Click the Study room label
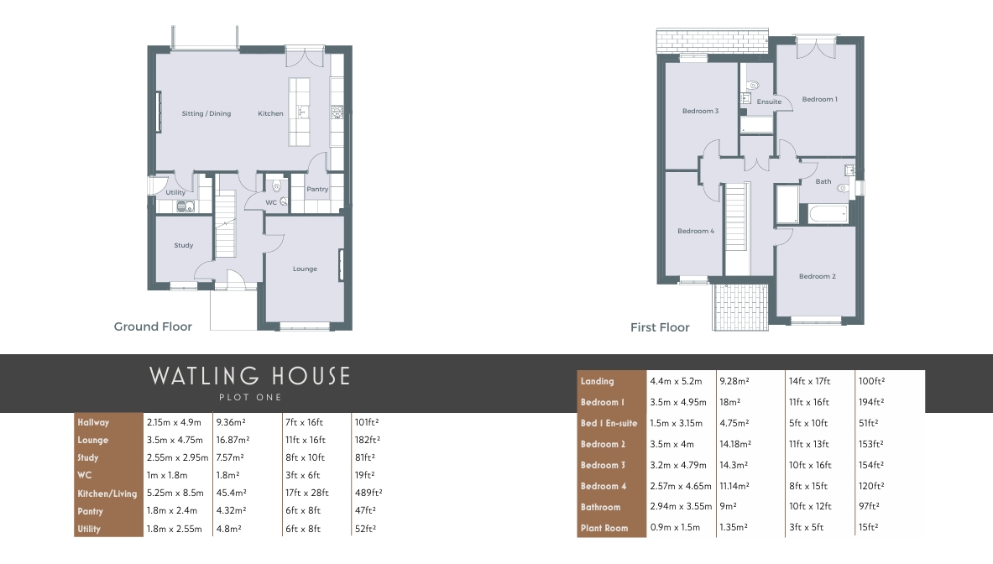(x=184, y=246)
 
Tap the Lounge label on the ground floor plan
(x=305, y=269)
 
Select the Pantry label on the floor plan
(x=317, y=190)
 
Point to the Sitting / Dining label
(x=206, y=114)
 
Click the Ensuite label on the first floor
(x=769, y=102)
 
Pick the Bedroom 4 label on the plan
(x=695, y=231)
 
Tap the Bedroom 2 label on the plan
(x=817, y=277)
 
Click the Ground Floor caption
(x=153, y=326)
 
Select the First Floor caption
(x=660, y=327)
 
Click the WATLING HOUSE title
(x=249, y=376)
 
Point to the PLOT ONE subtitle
(x=250, y=398)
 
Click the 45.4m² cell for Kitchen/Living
(x=231, y=493)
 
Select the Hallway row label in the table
(x=93, y=422)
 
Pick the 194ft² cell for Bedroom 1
(x=871, y=402)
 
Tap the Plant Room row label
(x=604, y=528)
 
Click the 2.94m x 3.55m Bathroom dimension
(x=681, y=506)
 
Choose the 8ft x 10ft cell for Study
(x=306, y=457)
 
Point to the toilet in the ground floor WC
(x=277, y=187)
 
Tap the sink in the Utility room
(x=185, y=206)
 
